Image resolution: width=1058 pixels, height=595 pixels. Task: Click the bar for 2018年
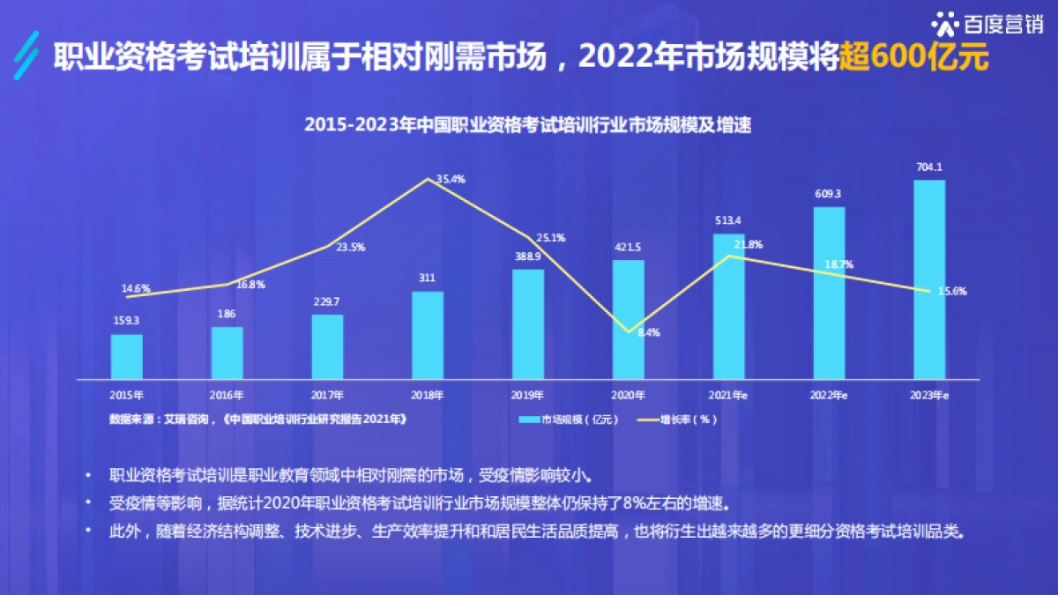pyautogui.click(x=428, y=335)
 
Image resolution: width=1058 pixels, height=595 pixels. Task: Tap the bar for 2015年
pyautogui.click(x=126, y=356)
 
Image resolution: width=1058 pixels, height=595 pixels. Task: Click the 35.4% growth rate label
pyautogui.click(x=451, y=179)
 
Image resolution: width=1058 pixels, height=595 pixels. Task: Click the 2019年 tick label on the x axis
pyautogui.click(x=528, y=396)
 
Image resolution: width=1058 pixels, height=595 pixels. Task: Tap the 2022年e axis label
pyautogui.click(x=829, y=396)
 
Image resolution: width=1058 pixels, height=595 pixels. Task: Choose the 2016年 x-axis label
pyautogui.click(x=227, y=396)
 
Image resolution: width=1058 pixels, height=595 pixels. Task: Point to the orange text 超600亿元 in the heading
pyautogui.click(x=913, y=58)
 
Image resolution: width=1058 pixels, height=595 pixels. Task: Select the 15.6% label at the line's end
pyautogui.click(x=952, y=292)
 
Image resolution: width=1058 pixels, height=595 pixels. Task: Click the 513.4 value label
pyautogui.click(x=729, y=220)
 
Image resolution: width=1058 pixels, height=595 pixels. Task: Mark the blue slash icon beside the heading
pyautogui.click(x=29, y=56)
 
